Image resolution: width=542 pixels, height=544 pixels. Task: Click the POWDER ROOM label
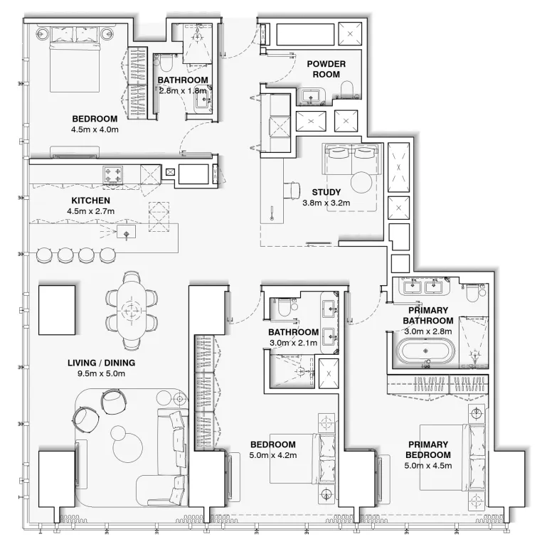[326, 69]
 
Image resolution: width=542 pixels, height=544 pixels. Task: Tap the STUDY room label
[326, 192]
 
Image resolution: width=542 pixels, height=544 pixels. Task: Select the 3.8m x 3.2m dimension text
[326, 203]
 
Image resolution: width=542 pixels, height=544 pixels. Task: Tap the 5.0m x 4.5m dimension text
[427, 466]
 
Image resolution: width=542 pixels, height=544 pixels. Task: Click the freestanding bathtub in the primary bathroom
[424, 351]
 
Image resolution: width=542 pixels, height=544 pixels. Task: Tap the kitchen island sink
[127, 233]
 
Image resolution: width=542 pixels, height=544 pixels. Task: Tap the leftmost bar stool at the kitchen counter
[44, 254]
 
